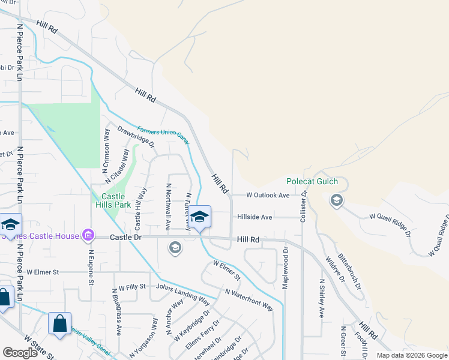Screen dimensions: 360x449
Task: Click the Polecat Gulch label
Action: (312, 182)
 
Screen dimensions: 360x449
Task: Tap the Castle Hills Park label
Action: (108, 200)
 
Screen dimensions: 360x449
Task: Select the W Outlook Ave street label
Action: (268, 195)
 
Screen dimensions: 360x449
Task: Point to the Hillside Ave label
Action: (255, 217)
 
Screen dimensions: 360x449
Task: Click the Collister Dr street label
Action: (304, 203)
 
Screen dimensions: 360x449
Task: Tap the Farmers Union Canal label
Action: (163, 135)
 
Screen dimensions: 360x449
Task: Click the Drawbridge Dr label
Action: (136, 136)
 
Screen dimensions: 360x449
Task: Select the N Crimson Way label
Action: (106, 147)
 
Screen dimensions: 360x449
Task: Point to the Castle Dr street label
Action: (125, 238)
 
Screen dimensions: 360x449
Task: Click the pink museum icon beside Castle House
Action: (88, 235)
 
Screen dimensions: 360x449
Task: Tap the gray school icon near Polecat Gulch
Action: (336, 200)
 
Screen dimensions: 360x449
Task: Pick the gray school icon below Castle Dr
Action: (175, 247)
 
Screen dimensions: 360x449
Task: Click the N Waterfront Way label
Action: (249, 300)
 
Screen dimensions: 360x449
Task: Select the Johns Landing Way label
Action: (182, 292)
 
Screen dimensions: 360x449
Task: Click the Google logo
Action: (20, 353)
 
